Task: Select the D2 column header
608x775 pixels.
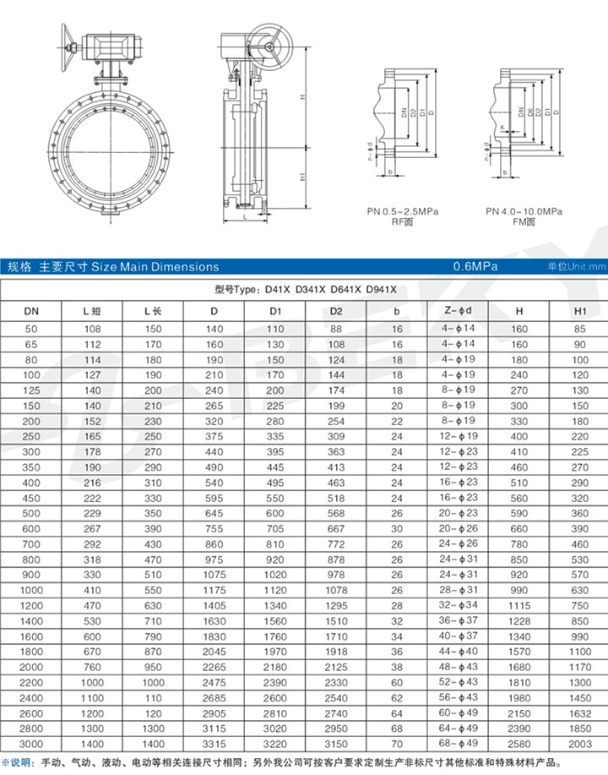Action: pos(335,310)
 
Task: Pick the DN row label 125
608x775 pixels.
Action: pos(31,390)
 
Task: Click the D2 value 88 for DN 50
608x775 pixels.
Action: pos(335,327)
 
